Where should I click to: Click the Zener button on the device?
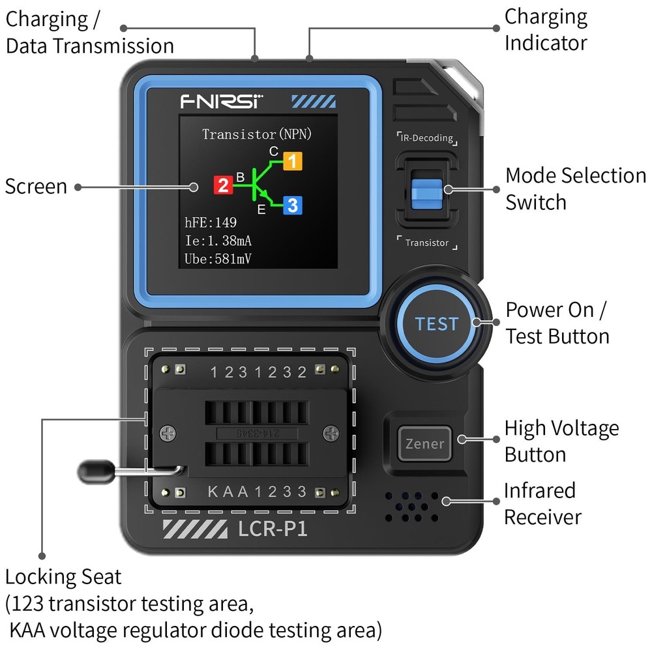[425, 444]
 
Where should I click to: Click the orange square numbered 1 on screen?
[293, 160]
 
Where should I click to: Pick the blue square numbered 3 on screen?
[293, 205]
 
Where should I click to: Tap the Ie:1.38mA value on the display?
[219, 241]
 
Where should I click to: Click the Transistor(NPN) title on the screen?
[257, 135]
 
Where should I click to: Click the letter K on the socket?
[213, 492]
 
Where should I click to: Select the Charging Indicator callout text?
[546, 30]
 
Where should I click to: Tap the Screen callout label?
[36, 186]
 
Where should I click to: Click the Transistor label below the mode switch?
[427, 243]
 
